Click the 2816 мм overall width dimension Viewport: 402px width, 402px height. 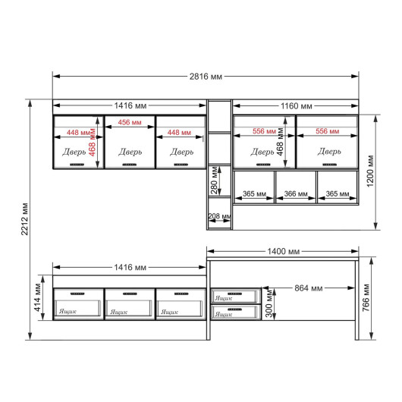tap(206, 77)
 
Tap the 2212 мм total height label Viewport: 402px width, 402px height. tap(24, 219)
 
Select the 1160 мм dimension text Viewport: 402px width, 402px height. tap(297, 106)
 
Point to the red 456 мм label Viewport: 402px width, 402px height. tap(130, 122)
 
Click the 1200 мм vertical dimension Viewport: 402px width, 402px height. tap(370, 171)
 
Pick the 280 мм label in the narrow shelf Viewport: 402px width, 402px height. tap(215, 181)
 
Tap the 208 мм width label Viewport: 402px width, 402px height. tap(219, 216)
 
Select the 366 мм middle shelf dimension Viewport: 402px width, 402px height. tap(296, 194)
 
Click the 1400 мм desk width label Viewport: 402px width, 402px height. tap(284, 251)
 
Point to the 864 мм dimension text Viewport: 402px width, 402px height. tap(309, 288)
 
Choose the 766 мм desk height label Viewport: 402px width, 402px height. tap(366, 298)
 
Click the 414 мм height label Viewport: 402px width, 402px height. tap(38, 297)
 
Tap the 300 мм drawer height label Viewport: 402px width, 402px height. tap(269, 303)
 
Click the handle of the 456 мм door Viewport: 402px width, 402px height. tap(130, 165)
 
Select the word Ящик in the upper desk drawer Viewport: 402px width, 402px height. tap(224, 298)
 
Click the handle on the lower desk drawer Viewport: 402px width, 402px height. tap(234, 309)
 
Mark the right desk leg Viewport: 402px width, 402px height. tap(356, 300)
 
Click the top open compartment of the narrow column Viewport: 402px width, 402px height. tap(219, 116)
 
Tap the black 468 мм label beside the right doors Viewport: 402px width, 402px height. tap(280, 142)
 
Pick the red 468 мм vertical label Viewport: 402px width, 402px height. tap(92, 143)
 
